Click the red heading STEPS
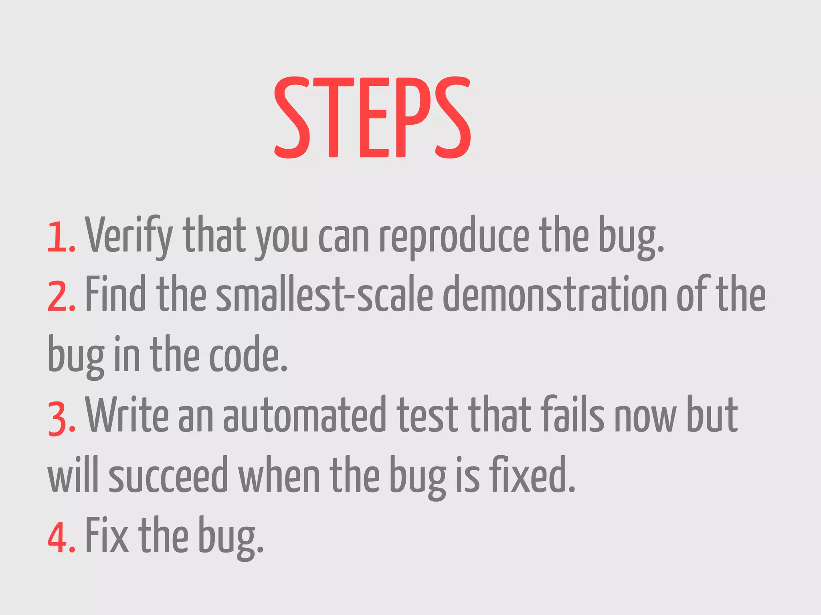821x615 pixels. tap(372, 117)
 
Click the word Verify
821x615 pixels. tap(129, 236)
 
